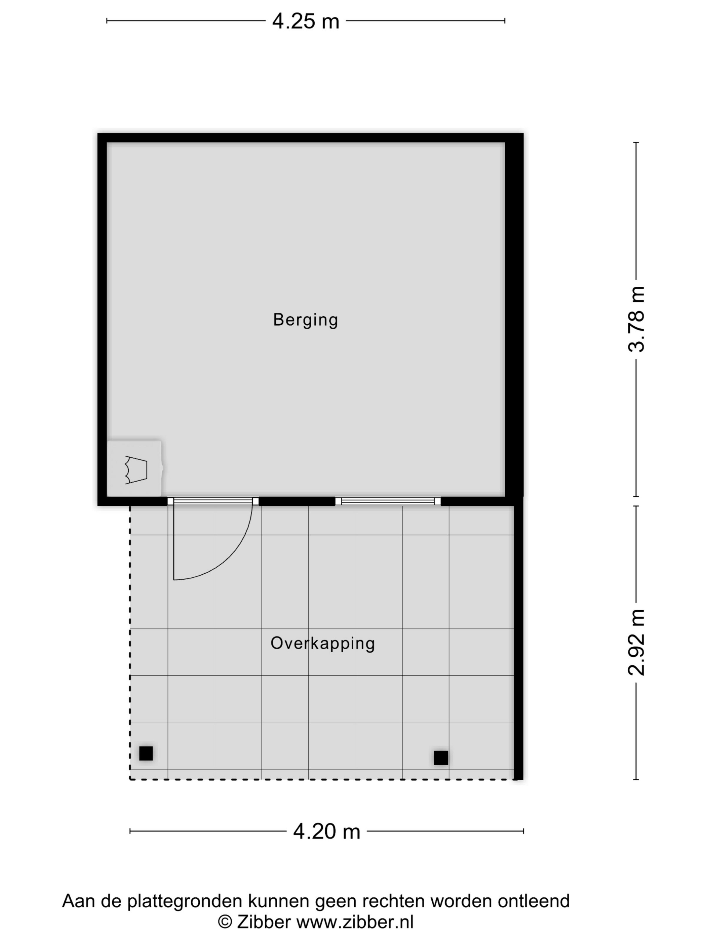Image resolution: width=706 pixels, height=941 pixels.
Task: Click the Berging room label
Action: (x=305, y=320)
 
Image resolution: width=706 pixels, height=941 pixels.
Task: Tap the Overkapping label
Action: (x=322, y=643)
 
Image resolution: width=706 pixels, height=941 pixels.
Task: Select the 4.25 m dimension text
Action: (x=306, y=21)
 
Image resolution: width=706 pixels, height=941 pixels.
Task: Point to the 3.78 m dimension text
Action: (x=637, y=319)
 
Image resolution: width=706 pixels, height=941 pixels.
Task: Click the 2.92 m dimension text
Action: (x=637, y=642)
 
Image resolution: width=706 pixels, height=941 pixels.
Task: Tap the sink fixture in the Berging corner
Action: (x=134, y=469)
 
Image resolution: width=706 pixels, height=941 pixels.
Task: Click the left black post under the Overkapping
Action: (x=146, y=753)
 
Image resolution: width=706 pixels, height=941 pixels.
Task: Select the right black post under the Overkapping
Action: (x=441, y=758)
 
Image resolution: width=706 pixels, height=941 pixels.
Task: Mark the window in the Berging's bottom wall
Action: (x=388, y=501)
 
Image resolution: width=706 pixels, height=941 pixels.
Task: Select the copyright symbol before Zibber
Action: (x=225, y=922)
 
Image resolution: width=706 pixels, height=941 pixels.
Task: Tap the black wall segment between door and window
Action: (x=297, y=501)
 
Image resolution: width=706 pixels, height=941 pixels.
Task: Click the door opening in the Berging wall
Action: (x=213, y=501)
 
